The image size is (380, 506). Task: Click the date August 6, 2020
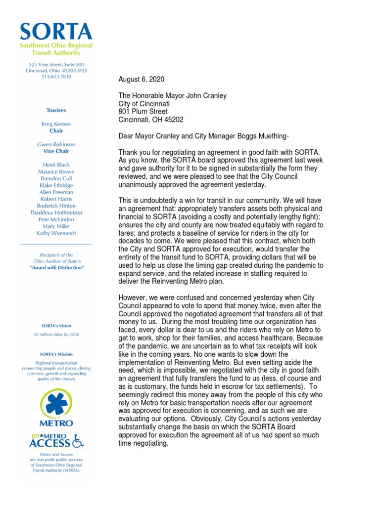[x=142, y=80]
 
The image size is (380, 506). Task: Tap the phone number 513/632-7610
[x=56, y=77]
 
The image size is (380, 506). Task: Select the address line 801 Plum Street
[x=143, y=112]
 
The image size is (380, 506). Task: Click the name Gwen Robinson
[x=56, y=144]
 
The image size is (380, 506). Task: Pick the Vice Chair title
[x=56, y=151]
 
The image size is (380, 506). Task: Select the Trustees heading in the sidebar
[x=56, y=110]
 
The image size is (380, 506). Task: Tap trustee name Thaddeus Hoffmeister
[x=56, y=212]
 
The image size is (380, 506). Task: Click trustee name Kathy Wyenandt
[x=56, y=233]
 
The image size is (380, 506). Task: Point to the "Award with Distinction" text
[x=56, y=267]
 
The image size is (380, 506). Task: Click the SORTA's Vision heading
[x=56, y=326]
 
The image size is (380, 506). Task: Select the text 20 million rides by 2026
[x=56, y=335]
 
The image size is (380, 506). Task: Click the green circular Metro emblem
[x=56, y=403]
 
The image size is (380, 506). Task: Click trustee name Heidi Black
[x=56, y=165]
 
